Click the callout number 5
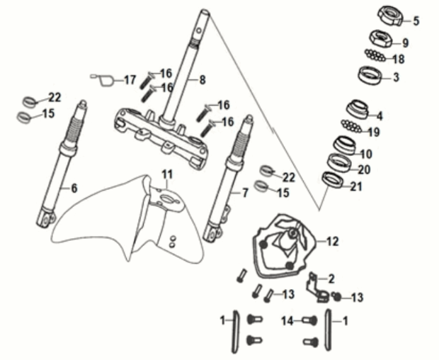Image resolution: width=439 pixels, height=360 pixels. click(416, 21)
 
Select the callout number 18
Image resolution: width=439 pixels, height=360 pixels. click(399, 59)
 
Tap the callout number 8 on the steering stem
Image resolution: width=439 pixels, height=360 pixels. click(202, 79)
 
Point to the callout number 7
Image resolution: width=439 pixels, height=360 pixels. click(245, 192)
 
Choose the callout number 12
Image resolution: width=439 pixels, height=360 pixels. click(332, 241)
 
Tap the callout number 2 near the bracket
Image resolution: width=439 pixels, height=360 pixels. click(331, 278)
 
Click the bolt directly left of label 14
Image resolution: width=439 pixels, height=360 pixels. click(309, 320)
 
